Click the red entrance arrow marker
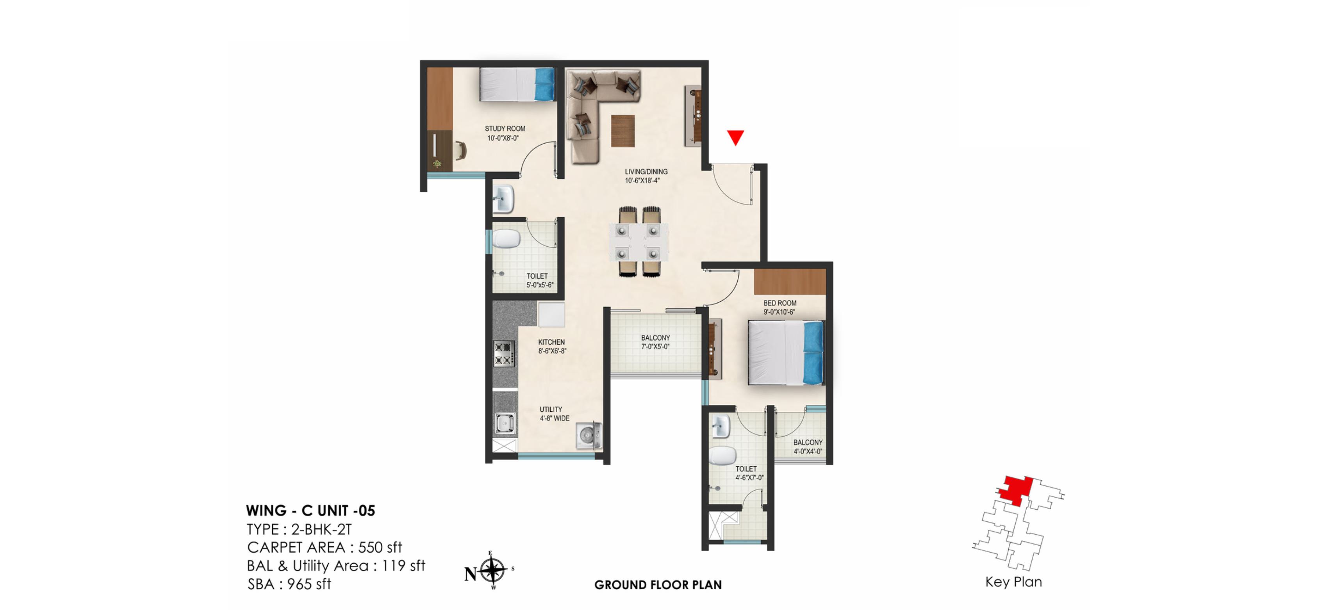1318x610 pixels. coord(735,137)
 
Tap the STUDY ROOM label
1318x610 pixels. coord(505,129)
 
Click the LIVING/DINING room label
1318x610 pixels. coord(646,172)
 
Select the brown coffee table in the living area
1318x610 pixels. coord(622,131)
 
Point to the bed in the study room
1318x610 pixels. coord(517,84)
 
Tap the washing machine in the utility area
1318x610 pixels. coord(589,436)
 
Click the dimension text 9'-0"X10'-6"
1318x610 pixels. coord(779,312)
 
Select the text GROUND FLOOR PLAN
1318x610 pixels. coord(658,585)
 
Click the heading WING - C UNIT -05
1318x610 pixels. coord(310,511)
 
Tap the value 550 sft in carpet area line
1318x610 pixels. coord(380,548)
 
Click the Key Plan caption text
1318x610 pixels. coord(1013,582)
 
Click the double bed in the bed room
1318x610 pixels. coord(785,352)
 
